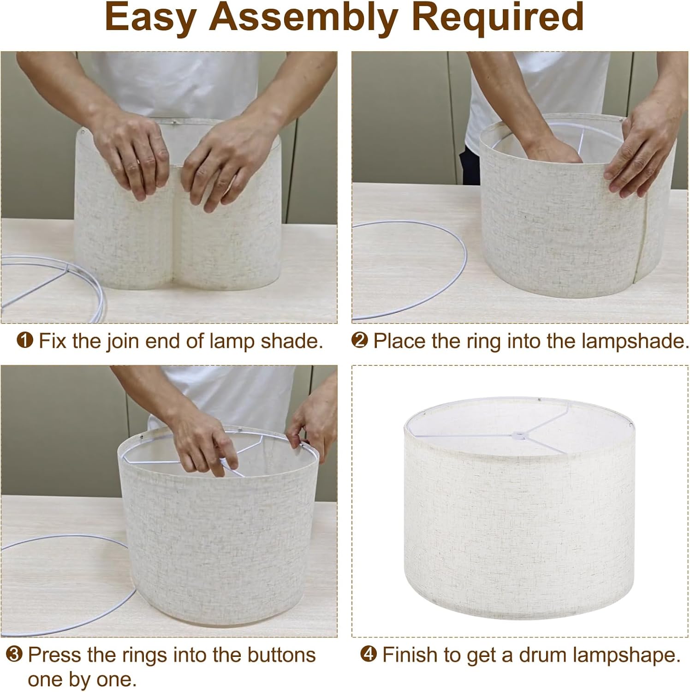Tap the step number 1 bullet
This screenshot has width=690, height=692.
tap(24, 341)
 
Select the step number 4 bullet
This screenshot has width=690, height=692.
tap(369, 655)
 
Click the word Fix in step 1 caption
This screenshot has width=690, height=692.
tap(54, 341)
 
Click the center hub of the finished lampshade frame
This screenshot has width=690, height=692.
tap(517, 434)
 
